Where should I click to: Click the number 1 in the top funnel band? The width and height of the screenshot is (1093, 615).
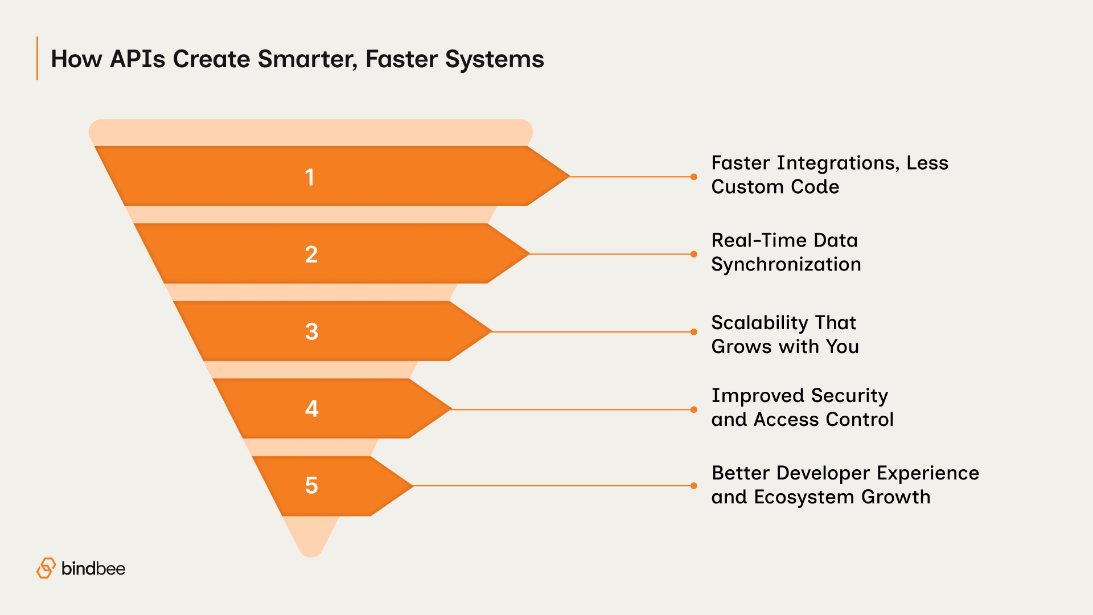(x=310, y=177)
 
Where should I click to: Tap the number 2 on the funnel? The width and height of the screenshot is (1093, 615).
(x=311, y=254)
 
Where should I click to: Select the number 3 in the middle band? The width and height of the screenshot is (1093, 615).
(x=311, y=331)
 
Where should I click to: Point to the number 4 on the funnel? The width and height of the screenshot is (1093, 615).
(x=311, y=408)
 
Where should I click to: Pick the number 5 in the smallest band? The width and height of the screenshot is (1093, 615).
(x=311, y=485)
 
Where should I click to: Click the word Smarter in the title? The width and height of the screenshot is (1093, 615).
(x=307, y=59)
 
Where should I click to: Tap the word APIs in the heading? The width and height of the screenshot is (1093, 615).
(x=137, y=59)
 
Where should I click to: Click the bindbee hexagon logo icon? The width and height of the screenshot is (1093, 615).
(x=46, y=568)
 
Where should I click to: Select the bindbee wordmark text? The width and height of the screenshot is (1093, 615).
(x=93, y=568)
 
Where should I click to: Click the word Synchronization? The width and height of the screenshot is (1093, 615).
(x=786, y=264)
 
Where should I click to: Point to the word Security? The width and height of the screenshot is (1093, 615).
(x=849, y=396)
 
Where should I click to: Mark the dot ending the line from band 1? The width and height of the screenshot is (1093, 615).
(x=693, y=177)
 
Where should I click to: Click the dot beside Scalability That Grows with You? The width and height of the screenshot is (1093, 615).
(x=693, y=331)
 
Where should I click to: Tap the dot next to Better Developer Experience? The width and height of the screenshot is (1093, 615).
(x=693, y=486)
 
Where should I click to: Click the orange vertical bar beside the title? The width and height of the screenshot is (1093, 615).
(x=38, y=59)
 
